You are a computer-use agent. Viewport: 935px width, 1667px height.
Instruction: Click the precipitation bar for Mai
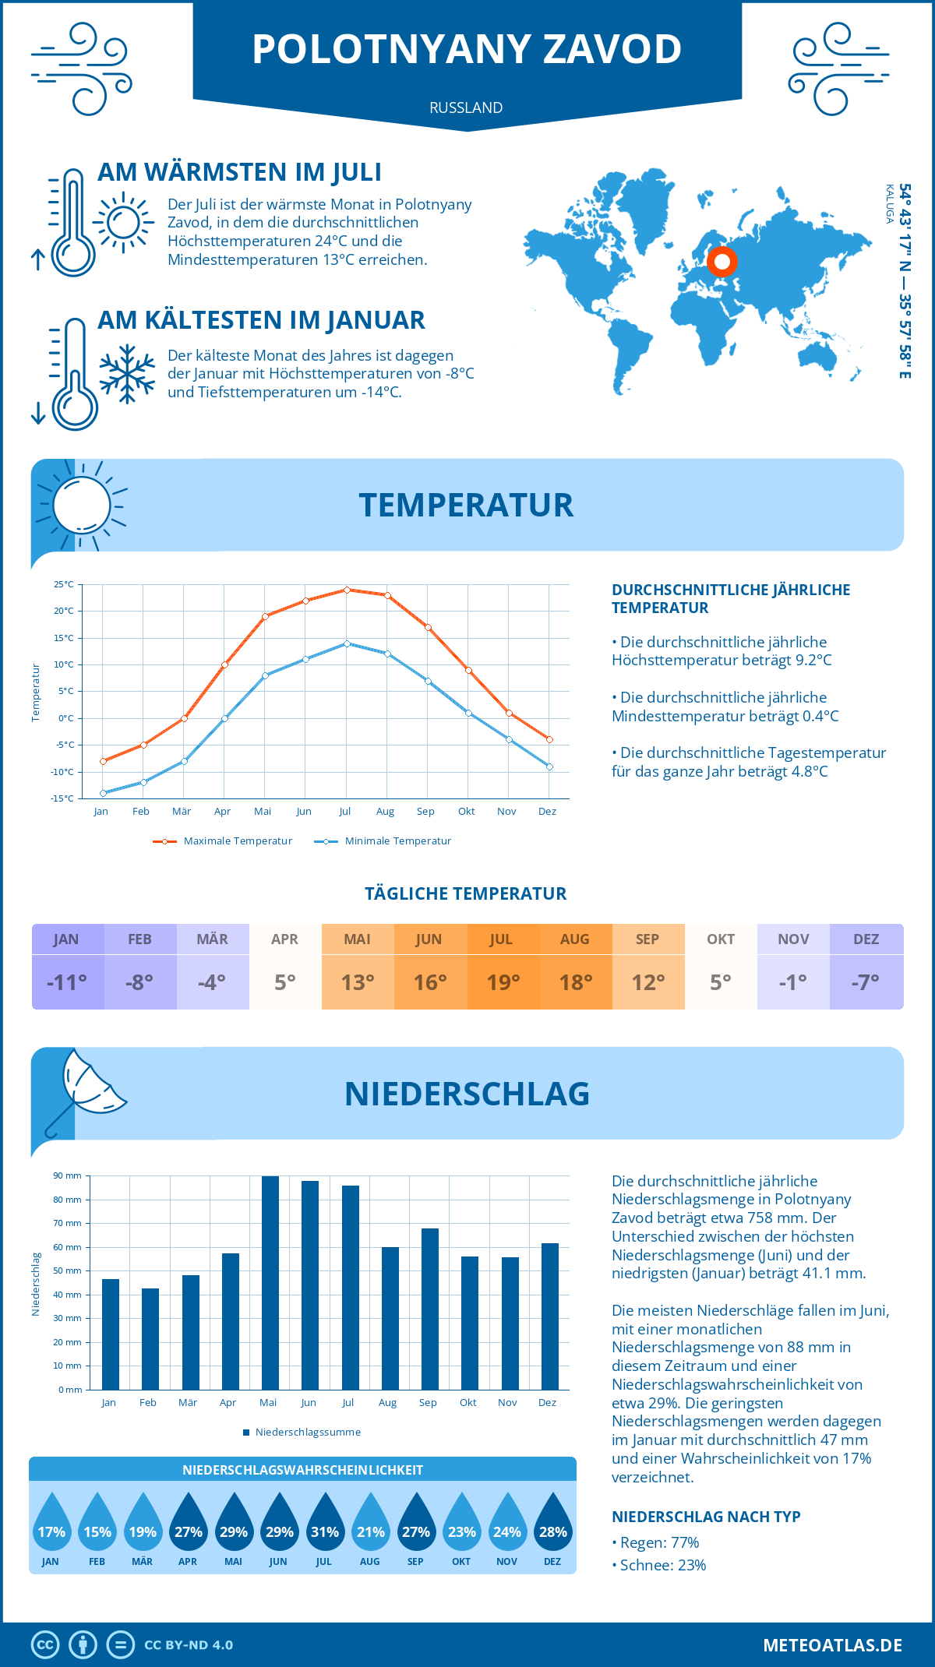[270, 1282]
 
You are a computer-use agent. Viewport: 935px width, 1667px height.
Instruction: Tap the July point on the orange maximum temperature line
[347, 590]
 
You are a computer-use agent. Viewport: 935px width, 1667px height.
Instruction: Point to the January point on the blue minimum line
[103, 793]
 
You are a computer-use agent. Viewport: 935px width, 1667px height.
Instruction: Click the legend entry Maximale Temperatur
[223, 841]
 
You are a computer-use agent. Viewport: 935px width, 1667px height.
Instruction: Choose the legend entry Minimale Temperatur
[383, 841]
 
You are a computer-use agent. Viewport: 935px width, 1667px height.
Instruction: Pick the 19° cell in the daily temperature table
[503, 982]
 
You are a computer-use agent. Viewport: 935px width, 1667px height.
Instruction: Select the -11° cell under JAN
[67, 982]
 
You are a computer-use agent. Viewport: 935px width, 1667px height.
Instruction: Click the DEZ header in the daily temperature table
[866, 939]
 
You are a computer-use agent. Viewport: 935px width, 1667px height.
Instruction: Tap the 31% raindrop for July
[325, 1531]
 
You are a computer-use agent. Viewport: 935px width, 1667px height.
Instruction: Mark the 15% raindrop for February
[97, 1531]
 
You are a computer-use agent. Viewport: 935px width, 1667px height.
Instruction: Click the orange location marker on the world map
[722, 262]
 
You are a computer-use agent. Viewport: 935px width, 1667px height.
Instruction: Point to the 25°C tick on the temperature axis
[64, 584]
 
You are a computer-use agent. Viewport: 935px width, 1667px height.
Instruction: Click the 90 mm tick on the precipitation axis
[68, 1175]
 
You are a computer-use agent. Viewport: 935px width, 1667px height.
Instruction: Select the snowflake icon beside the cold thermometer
[127, 374]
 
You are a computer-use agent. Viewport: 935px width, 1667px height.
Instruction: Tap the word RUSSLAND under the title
[466, 107]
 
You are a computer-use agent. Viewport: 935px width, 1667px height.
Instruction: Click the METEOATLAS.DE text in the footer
[832, 1645]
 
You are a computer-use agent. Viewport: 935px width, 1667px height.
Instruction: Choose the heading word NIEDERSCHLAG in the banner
[467, 1094]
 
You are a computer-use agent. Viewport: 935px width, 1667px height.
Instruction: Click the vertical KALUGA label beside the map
[890, 204]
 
